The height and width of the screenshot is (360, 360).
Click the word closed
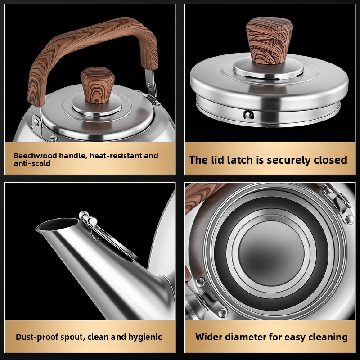click(x=330, y=160)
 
